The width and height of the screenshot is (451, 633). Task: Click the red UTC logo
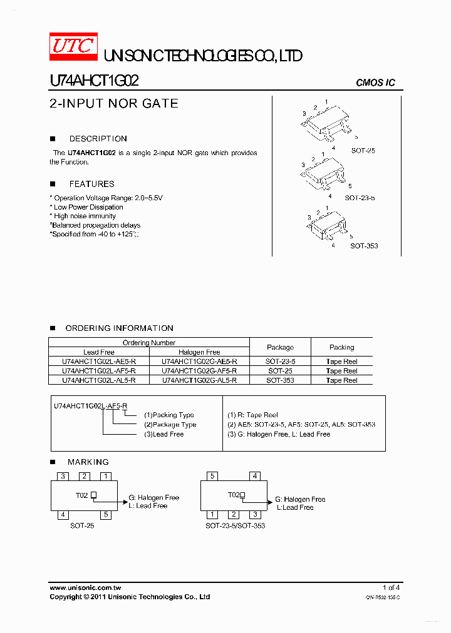click(x=73, y=47)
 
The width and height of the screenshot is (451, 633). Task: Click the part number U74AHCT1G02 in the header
click(x=94, y=81)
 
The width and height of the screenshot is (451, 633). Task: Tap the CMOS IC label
click(x=375, y=83)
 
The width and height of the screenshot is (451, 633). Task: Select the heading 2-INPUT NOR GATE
click(x=113, y=104)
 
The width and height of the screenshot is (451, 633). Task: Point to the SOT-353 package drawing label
click(x=364, y=246)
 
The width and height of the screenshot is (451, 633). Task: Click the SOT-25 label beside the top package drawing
click(x=363, y=151)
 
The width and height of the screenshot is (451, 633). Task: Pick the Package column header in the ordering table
click(x=280, y=347)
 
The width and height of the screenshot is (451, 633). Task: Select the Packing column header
click(x=341, y=347)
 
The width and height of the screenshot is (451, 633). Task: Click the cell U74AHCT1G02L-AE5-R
click(x=99, y=362)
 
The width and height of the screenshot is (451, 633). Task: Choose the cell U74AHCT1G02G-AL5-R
click(x=199, y=380)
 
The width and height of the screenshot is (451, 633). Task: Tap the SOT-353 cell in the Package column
click(x=280, y=380)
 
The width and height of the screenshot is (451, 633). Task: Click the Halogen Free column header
click(x=199, y=352)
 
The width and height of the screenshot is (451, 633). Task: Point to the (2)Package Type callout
click(x=170, y=425)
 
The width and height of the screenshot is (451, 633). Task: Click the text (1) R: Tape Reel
click(x=252, y=415)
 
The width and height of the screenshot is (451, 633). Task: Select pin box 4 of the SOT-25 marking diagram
click(x=63, y=515)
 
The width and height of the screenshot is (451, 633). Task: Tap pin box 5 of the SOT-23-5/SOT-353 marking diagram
click(x=213, y=476)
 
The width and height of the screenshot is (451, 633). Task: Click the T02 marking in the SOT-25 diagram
click(x=82, y=495)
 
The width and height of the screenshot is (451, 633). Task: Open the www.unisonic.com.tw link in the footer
click(x=85, y=588)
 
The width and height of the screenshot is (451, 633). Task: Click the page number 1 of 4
click(x=391, y=587)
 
